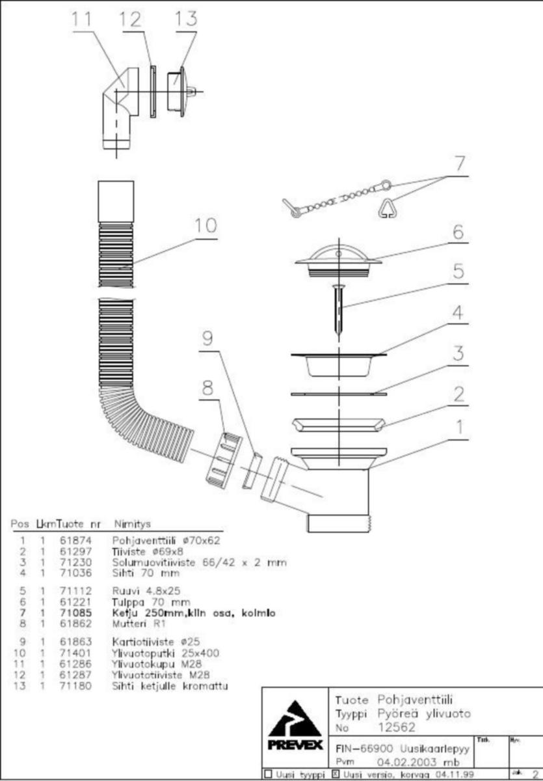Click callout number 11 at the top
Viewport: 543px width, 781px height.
click(x=82, y=20)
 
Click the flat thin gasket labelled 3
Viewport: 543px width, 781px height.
click(x=338, y=394)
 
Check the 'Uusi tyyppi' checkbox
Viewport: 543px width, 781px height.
click(x=267, y=774)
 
